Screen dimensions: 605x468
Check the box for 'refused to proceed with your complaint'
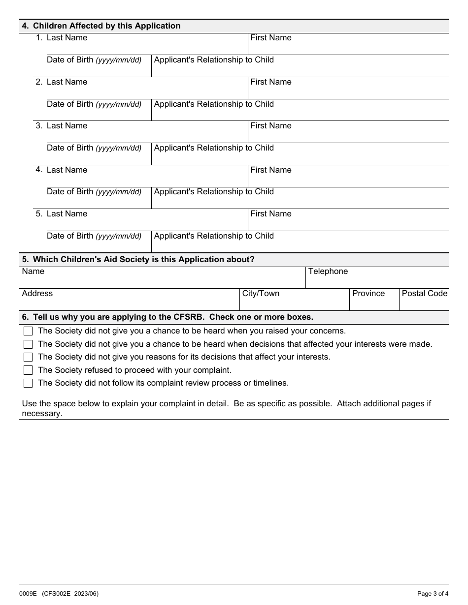28,370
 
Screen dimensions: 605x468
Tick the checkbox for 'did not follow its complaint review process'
28,383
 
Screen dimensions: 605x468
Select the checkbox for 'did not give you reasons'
28,357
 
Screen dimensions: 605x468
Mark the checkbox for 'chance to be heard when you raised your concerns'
28,331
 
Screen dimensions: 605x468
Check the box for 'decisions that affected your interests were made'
28,344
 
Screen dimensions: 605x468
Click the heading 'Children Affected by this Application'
106,26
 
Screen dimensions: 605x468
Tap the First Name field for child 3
348,135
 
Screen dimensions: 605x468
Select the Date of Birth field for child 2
99,114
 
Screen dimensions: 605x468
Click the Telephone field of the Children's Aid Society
377,281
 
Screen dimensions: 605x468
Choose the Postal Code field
424,303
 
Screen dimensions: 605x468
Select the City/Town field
294,303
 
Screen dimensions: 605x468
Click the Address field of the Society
129,303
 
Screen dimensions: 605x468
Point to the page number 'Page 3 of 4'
433,594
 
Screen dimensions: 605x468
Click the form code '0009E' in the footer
28,594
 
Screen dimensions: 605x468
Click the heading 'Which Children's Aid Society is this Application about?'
143,260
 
